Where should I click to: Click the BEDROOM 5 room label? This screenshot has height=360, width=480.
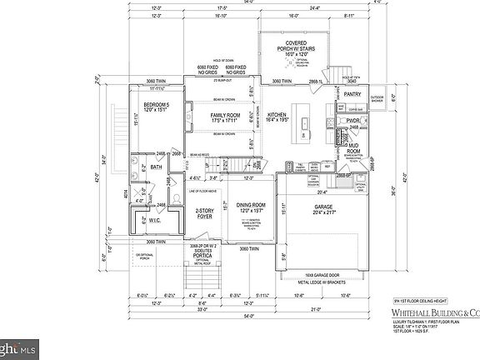pos(157,106)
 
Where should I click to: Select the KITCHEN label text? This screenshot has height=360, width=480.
pos(277,114)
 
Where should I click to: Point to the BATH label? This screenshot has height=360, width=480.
pos(156,167)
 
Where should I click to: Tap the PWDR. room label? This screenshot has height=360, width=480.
pos(352,121)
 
